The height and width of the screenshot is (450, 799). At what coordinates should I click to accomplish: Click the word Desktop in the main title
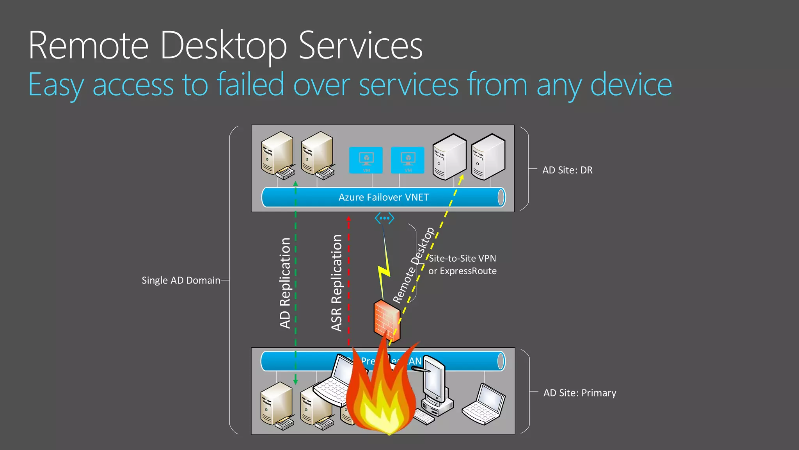[223, 46]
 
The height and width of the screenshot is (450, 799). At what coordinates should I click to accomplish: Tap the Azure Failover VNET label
[384, 197]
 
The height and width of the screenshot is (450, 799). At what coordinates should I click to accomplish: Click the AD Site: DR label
[567, 170]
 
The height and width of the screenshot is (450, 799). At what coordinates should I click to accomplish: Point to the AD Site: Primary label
[580, 393]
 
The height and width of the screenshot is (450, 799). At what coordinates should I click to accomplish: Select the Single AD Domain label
[181, 280]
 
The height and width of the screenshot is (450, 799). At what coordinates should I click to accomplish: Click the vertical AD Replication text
[285, 283]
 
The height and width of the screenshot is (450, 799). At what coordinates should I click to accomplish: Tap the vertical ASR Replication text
[336, 283]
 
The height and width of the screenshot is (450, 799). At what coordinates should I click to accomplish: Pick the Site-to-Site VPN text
[462, 259]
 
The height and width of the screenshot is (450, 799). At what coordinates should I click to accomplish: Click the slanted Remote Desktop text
[414, 266]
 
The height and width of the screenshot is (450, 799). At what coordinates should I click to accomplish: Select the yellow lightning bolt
[384, 270]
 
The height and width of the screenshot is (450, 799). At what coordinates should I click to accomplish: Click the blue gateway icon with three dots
[384, 218]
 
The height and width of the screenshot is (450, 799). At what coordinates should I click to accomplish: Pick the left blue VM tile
[366, 160]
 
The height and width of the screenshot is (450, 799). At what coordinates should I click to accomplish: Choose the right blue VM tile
[407, 160]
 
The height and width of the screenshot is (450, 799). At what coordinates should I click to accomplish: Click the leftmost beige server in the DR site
[277, 154]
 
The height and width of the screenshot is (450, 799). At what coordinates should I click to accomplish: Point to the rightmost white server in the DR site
[488, 156]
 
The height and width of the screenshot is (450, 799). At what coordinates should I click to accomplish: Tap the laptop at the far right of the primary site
[484, 404]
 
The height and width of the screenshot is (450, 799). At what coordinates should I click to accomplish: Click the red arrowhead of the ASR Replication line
[348, 219]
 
